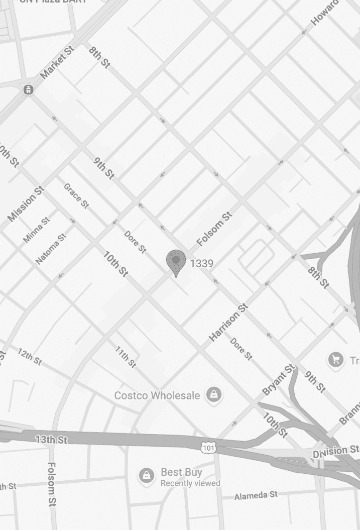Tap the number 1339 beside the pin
202,263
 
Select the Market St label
57,62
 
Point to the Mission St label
26,203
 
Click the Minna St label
37,230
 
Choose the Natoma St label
51,249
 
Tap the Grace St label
76,196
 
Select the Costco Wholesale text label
157,395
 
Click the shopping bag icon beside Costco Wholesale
214,395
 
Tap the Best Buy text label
181,472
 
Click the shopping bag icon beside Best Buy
146,475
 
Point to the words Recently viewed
190,483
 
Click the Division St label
336,451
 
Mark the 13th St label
51,440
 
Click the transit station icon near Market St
29,90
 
